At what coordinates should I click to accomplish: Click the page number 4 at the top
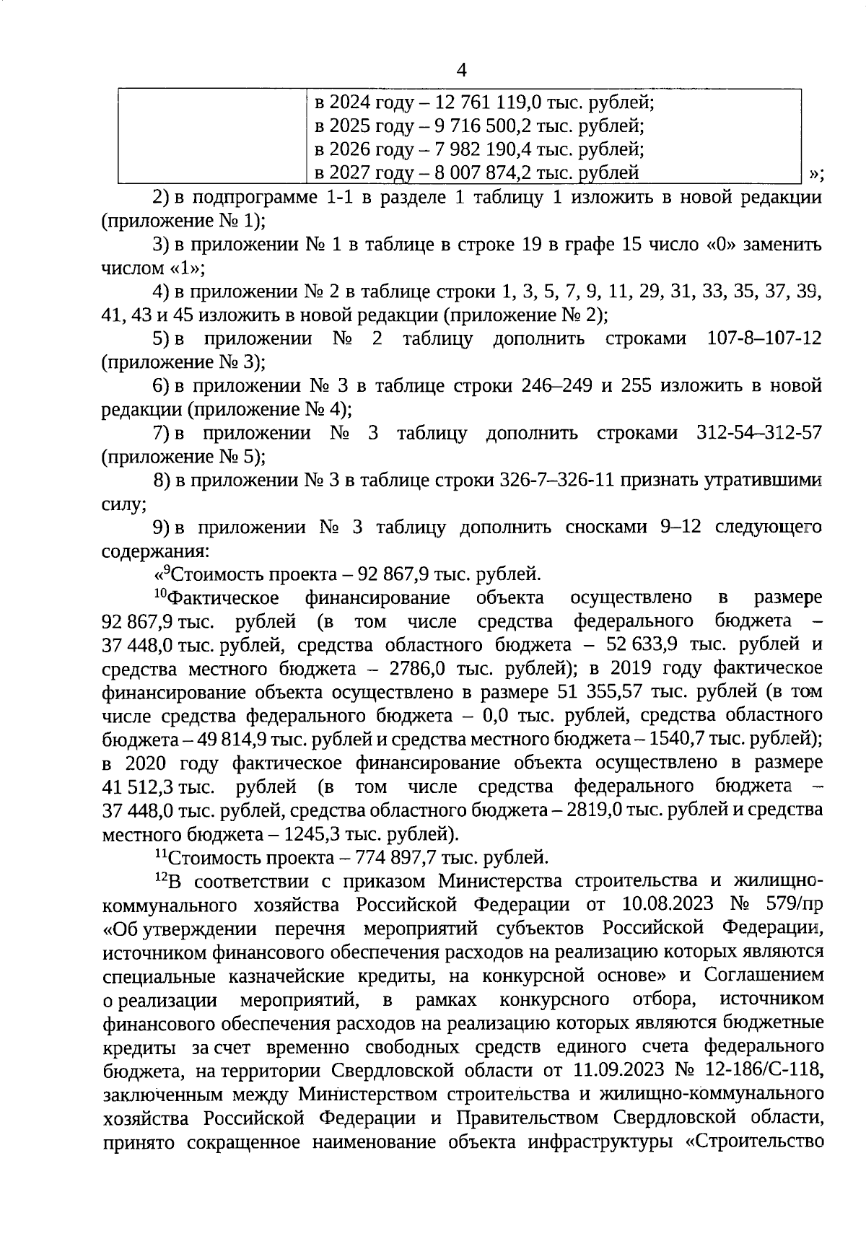click(x=462, y=70)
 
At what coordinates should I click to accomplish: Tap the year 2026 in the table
click(x=349, y=149)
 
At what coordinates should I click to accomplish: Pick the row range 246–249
click(x=556, y=386)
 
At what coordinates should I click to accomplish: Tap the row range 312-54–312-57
click(x=758, y=433)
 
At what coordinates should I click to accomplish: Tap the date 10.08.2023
click(x=666, y=905)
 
